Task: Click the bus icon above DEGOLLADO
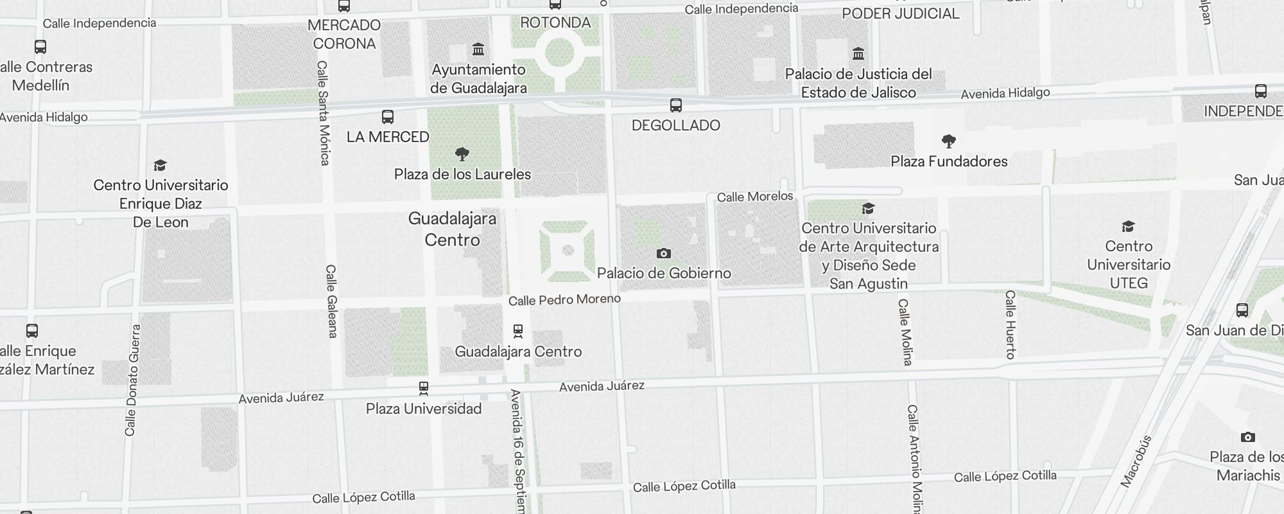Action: coord(675,105)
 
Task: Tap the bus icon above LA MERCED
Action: coord(388,117)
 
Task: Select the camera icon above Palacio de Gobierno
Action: coord(664,254)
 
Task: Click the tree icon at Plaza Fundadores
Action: coord(948,141)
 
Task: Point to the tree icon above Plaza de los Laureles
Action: coord(462,154)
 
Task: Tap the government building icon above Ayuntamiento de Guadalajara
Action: coord(478,49)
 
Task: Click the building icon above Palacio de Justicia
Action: coord(858,53)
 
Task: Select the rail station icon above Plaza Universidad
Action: coord(424,388)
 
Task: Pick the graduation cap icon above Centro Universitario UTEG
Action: coord(1128,227)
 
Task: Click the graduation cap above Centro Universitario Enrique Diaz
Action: coord(160,166)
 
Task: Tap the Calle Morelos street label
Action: coord(755,197)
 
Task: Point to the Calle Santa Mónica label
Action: coord(324,113)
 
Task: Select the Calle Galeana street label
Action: coord(331,301)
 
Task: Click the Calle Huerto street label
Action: coord(1010,324)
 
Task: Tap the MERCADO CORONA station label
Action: coord(344,34)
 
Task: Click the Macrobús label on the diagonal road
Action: coord(1136,461)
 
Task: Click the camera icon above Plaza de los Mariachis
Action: coord(1247,438)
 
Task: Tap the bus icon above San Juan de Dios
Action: coord(1242,310)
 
